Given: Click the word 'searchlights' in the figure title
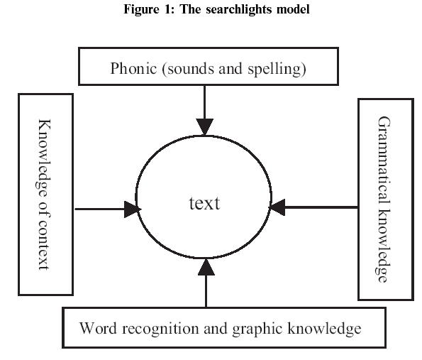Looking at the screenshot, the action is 239,10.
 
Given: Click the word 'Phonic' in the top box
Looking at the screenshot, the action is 133,68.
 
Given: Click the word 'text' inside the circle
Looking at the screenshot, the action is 204,204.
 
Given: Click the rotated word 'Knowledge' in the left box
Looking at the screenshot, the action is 43,158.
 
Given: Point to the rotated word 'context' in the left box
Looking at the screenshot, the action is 43,245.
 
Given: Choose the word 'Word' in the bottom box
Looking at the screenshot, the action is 98,328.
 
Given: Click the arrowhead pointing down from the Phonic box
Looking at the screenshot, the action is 205,126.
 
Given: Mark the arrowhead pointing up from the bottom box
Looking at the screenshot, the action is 206,267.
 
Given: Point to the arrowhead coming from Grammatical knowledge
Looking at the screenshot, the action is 277,207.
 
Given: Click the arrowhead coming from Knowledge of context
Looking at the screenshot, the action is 133,209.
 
